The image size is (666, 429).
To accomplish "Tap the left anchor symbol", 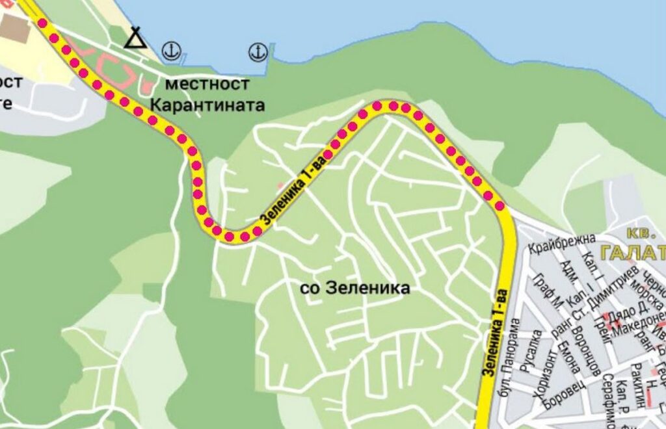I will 171,50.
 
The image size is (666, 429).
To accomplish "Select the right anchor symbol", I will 258,51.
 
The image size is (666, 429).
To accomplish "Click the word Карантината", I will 207,105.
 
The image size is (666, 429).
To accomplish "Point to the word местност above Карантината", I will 207,84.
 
